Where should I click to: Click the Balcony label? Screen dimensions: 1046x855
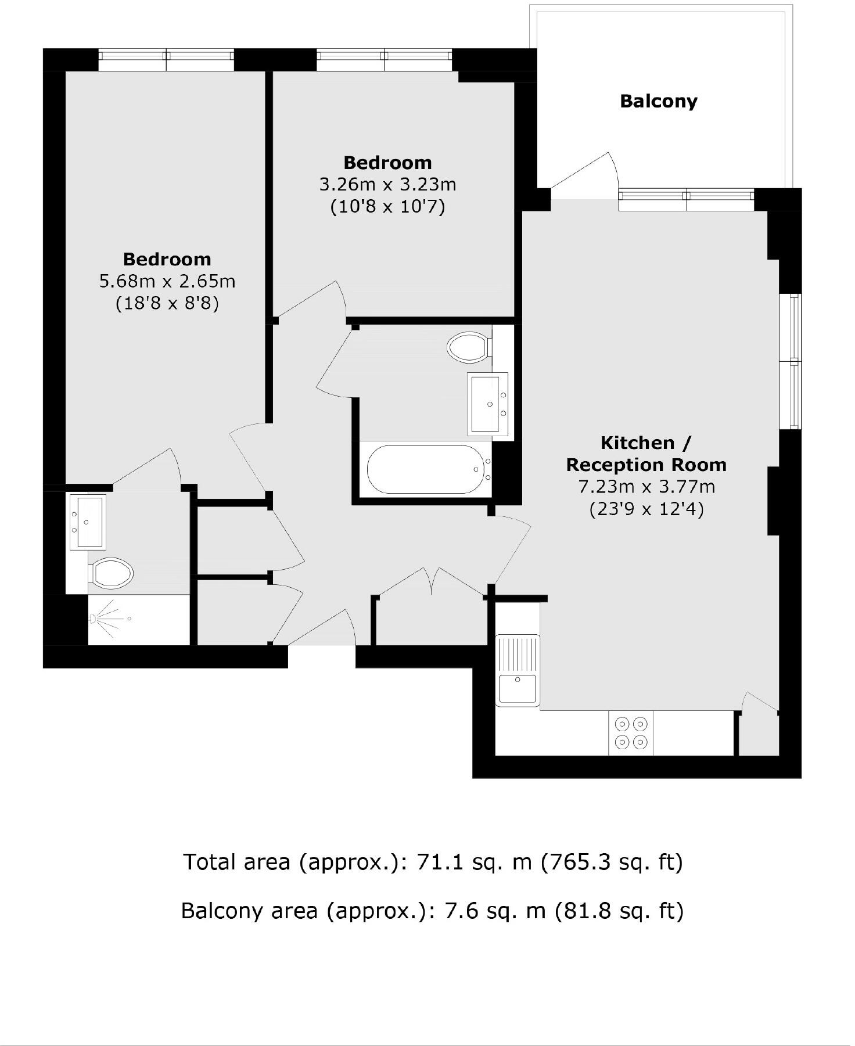click(x=658, y=101)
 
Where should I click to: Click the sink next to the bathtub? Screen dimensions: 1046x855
click(x=487, y=404)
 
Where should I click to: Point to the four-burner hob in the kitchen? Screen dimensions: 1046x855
click(x=631, y=733)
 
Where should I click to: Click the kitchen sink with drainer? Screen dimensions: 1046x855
click(x=518, y=671)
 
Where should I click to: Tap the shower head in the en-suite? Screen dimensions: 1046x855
click(x=105, y=619)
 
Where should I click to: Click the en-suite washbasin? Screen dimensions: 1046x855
click(x=87, y=521)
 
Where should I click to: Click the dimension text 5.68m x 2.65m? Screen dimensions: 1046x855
click(x=167, y=281)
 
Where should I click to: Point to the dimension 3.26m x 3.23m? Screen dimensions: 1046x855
click(x=387, y=185)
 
